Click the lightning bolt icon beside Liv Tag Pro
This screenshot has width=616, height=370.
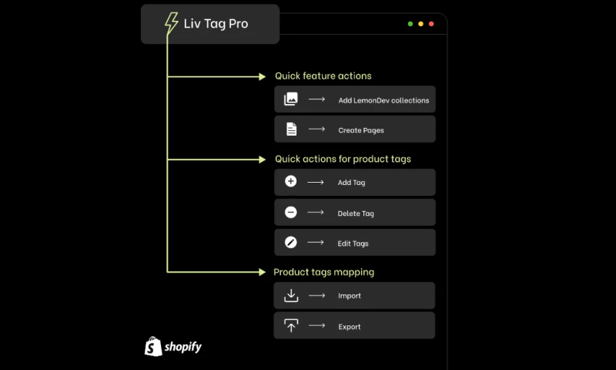pyautogui.click(x=171, y=23)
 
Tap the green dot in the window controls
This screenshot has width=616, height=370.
pyautogui.click(x=410, y=24)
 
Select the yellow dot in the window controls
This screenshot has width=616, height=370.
pyautogui.click(x=420, y=24)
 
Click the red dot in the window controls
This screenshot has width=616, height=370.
pyautogui.click(x=431, y=24)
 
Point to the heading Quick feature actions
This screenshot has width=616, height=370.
pyautogui.click(x=323, y=76)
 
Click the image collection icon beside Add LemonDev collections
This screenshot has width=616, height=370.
pyautogui.click(x=291, y=99)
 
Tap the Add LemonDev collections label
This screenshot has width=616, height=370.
pyautogui.click(x=383, y=100)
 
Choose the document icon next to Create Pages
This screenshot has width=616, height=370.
pyautogui.click(x=291, y=129)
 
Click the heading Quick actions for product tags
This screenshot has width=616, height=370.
pyautogui.click(x=343, y=159)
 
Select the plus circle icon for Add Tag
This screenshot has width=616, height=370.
pyautogui.click(x=291, y=181)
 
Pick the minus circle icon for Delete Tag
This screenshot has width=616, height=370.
pyautogui.click(x=291, y=212)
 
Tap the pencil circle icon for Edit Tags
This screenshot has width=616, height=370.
pyautogui.click(x=291, y=242)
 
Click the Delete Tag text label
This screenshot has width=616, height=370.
pyautogui.click(x=356, y=214)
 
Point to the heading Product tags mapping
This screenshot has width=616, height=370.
pyautogui.click(x=323, y=272)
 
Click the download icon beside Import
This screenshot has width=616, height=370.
pyautogui.click(x=291, y=296)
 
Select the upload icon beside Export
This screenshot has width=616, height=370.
pyautogui.click(x=291, y=325)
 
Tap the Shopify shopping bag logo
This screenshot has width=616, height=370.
pyautogui.click(x=153, y=346)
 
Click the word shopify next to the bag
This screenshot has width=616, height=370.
pyautogui.click(x=183, y=347)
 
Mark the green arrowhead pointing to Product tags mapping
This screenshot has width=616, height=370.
pyautogui.click(x=262, y=271)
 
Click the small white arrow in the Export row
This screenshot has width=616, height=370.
pyautogui.click(x=316, y=325)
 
